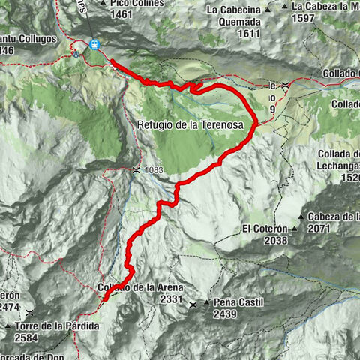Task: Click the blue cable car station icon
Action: (x=94, y=44)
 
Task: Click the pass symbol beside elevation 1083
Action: (x=135, y=169)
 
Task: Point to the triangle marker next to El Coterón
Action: (x=301, y=228)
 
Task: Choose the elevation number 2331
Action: (x=172, y=298)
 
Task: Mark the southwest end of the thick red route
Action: (x=104, y=298)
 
